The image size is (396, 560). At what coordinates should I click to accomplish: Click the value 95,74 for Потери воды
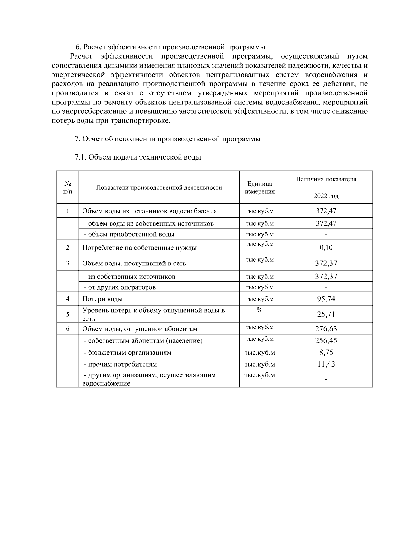[x=326, y=299]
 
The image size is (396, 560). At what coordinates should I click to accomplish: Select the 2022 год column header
[x=326, y=196]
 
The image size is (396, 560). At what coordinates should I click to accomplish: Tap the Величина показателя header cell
[x=326, y=179]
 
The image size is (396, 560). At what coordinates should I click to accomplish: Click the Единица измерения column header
[x=259, y=188]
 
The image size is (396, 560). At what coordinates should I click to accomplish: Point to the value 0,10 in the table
[x=326, y=248]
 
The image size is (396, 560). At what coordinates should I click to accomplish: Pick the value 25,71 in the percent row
[x=326, y=314]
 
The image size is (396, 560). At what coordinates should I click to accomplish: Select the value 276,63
[x=326, y=329]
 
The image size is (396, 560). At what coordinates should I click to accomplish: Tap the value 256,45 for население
[x=326, y=340]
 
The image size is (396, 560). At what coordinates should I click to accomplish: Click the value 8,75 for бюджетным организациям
[x=326, y=352]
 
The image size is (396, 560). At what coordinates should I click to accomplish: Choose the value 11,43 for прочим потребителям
[x=326, y=364]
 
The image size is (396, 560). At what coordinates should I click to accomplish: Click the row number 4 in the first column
[x=68, y=299]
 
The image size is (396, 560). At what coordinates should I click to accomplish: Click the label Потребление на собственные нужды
[x=139, y=248]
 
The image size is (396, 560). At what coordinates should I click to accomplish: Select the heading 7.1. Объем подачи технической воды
[x=138, y=157]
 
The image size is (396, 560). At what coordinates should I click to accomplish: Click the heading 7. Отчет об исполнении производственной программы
[x=168, y=139]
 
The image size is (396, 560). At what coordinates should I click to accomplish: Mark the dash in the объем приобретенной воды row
[x=326, y=235]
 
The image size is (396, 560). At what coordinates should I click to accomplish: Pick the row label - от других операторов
[x=120, y=287]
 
